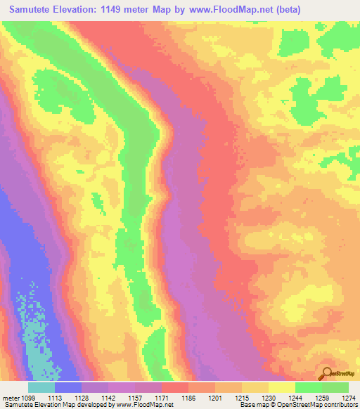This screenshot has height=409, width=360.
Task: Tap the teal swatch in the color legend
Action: coord(41,387)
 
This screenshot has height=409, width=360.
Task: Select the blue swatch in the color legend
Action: coord(68,387)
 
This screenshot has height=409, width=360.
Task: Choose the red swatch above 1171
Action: coord(175,387)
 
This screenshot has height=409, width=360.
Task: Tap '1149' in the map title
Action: coord(118,10)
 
